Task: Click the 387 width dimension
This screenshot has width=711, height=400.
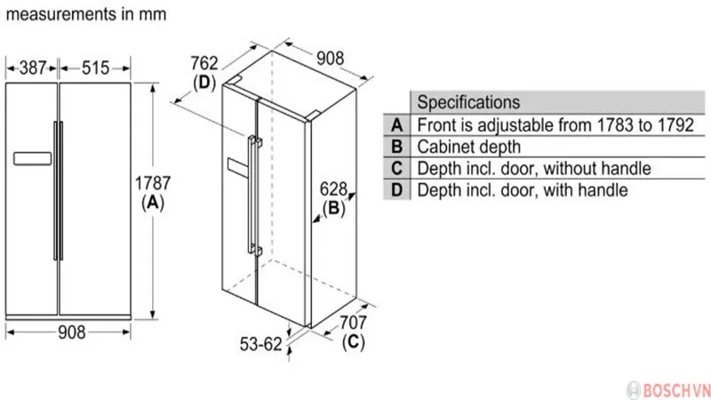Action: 33,68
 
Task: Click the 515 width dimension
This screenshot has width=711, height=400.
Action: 95,68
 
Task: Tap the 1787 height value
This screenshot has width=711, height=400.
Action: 153,183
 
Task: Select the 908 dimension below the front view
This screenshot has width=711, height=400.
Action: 72,332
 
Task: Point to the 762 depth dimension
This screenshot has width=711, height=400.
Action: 204,63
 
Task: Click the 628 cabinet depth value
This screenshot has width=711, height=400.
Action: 333,189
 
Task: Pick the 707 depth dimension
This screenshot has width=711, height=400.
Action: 353,323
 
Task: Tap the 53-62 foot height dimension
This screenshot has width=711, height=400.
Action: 260,344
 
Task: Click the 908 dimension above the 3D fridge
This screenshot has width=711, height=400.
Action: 330,59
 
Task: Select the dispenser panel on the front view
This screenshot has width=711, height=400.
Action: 32,159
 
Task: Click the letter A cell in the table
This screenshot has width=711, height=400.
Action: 396,124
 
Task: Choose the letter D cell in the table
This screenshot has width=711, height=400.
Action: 396,189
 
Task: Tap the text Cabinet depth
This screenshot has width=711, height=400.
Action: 469,147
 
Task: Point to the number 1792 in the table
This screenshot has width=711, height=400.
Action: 675,125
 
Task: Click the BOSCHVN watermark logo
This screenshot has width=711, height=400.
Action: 668,390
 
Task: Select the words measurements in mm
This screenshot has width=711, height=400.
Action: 86,14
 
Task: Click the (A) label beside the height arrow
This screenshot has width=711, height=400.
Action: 153,203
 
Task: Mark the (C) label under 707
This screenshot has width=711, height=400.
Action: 353,341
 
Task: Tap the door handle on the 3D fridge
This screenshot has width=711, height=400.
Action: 254,195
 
